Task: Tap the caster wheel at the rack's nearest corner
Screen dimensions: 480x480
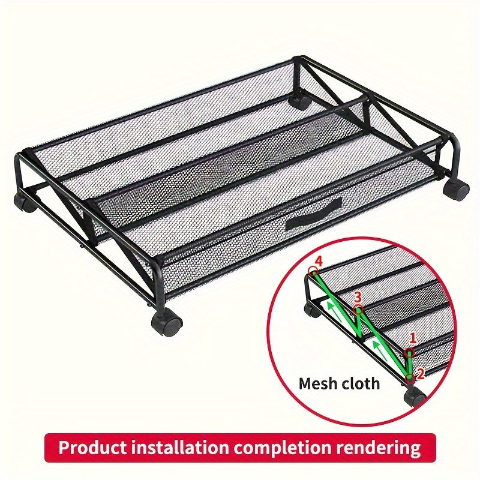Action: pyautogui.click(x=167, y=323)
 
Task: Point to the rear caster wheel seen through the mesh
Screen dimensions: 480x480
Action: pyautogui.click(x=298, y=100)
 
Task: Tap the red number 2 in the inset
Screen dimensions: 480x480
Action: pyautogui.click(x=420, y=374)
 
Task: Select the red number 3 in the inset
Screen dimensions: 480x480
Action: pyautogui.click(x=358, y=297)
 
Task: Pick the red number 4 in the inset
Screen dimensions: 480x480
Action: pyautogui.click(x=318, y=261)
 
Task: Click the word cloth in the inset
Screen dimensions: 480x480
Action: pyautogui.click(x=361, y=383)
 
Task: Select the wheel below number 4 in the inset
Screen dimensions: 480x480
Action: pyautogui.click(x=313, y=310)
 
